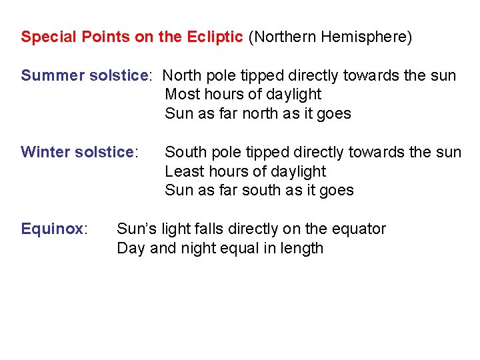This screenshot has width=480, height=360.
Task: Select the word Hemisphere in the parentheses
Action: [x=365, y=37]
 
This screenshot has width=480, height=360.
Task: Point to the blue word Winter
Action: [x=45, y=152]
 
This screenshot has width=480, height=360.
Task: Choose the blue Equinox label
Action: [x=52, y=229]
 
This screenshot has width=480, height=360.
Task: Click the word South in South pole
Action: [x=185, y=152]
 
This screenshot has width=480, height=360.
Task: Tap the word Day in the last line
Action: [x=129, y=249]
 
